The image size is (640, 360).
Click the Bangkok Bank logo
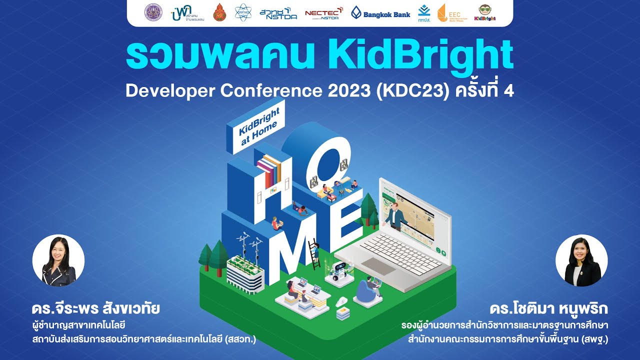(x=380, y=13)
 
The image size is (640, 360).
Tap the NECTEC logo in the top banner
(x=323, y=13)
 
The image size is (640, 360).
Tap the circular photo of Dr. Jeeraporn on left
(x=58, y=260)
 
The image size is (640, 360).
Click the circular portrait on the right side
(x=581, y=260)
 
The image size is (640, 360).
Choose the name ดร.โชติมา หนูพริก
(x=549, y=308)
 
